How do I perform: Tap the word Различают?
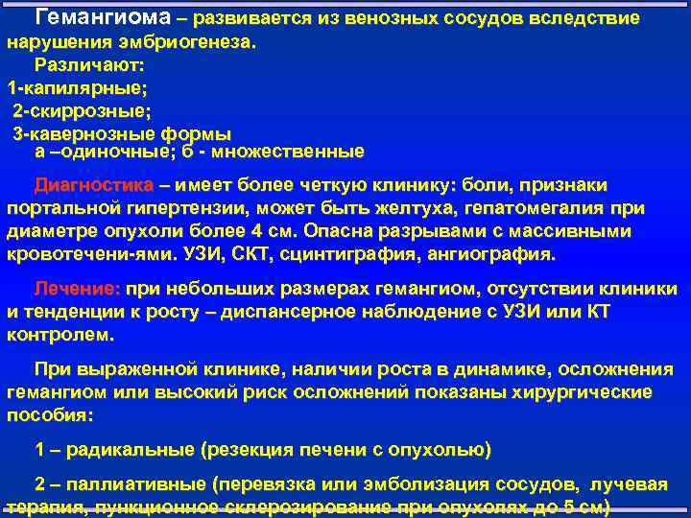tap(89, 65)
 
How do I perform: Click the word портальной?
tap(69, 208)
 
